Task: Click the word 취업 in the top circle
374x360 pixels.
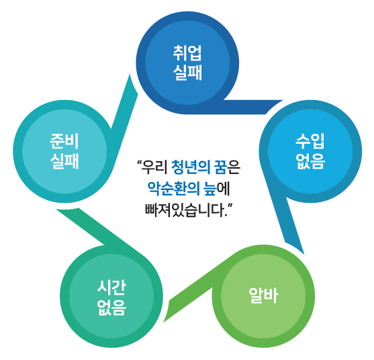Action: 187,53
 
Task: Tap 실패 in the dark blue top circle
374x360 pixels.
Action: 187,73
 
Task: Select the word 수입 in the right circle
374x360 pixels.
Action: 310,142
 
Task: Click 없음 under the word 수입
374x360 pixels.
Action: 311,161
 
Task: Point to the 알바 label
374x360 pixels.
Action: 263,296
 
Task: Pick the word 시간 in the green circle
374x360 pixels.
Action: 111,287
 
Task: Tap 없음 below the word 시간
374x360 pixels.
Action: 111,308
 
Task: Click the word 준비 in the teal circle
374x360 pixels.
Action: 64,142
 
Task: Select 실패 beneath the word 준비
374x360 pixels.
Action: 64,161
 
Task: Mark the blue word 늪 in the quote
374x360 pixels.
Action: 210,189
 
